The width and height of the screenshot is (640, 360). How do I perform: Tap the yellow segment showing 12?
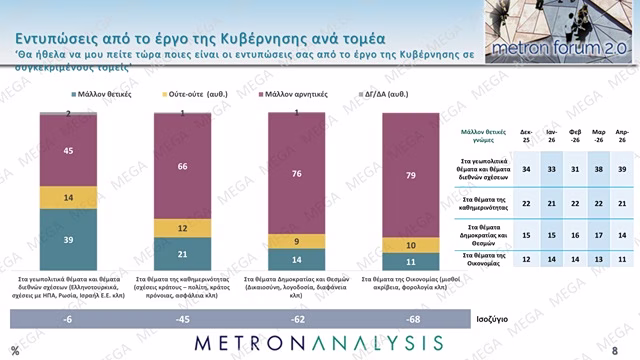coord(181,230)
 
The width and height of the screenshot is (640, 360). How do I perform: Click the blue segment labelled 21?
coord(181,254)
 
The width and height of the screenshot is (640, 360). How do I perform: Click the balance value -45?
coord(181,319)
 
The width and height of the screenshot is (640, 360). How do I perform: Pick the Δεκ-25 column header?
coord(527,135)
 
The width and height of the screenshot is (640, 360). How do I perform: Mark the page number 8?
coord(626,348)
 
